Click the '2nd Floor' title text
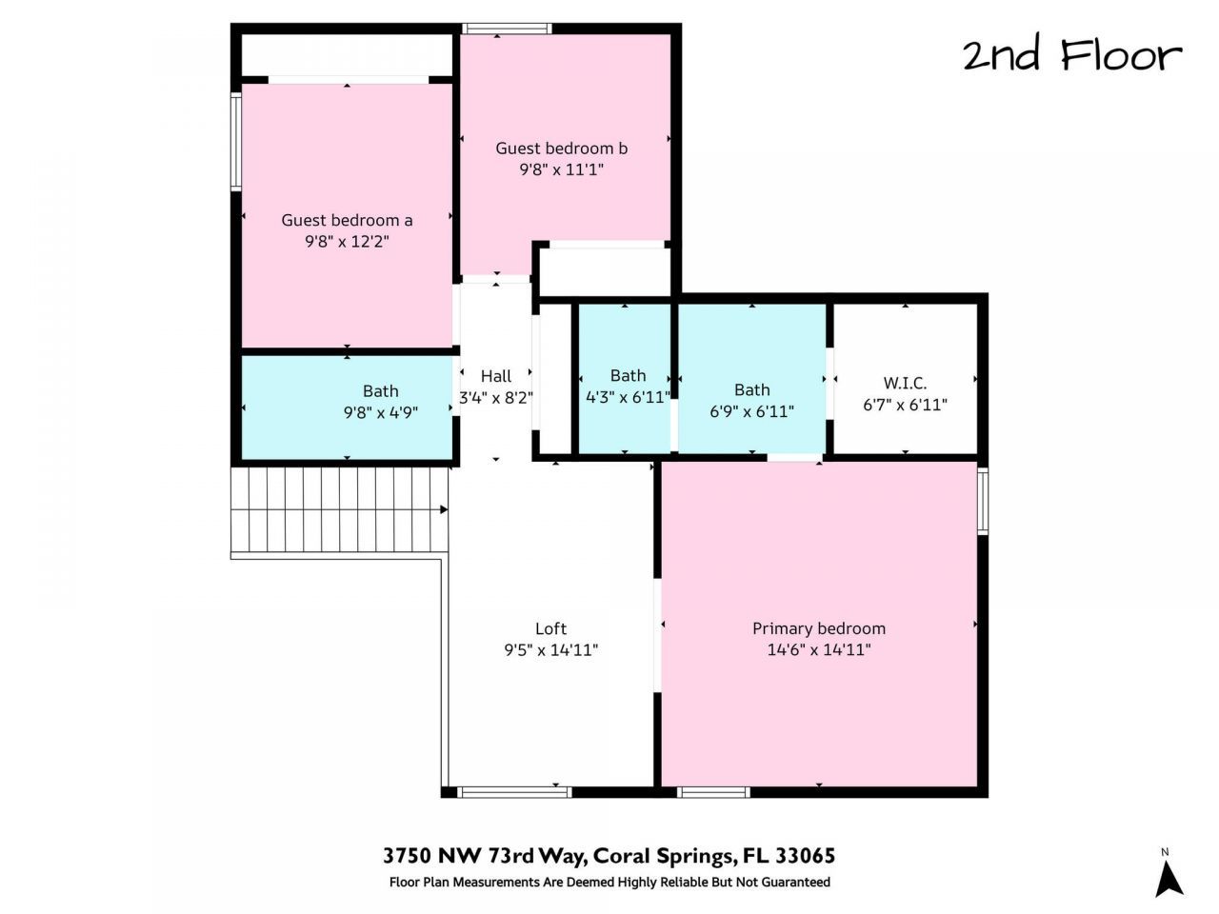[1071, 55]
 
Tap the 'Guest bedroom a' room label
[347, 220]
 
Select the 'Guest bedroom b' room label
[561, 149]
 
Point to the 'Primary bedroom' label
[819, 628]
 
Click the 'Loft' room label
[550, 628]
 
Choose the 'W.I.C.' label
[905, 383]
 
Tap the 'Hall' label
[495, 376]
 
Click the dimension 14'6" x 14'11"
[819, 650]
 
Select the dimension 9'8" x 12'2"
[347, 242]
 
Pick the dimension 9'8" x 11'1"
[561, 170]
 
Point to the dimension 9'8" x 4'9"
[381, 412]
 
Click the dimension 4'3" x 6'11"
[628, 397]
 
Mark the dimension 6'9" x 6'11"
[751, 411]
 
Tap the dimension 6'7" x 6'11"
[905, 405]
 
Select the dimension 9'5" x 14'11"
[550, 650]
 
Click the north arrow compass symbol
[1169, 874]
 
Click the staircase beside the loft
[339, 510]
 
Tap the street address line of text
[609, 855]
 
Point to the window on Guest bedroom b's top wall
[506, 29]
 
